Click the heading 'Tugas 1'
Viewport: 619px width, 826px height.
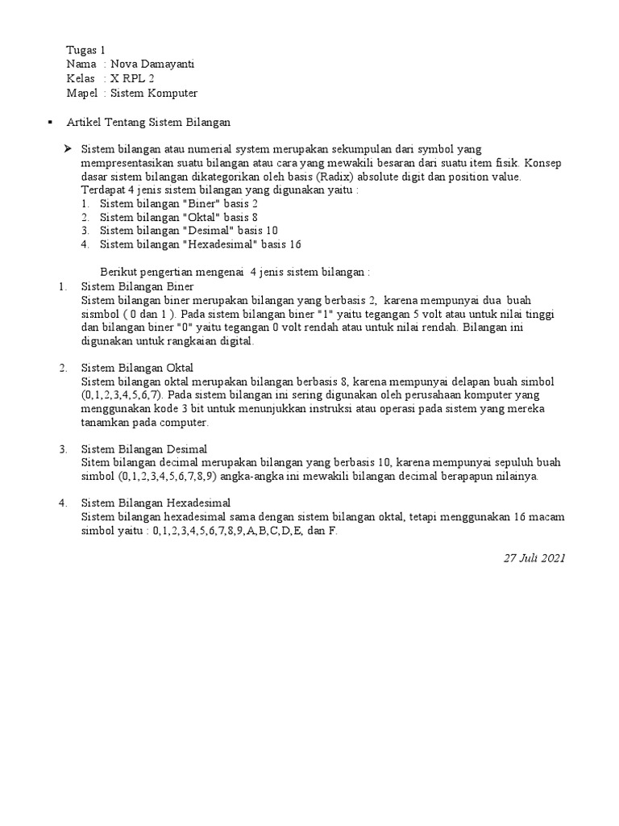point(85,50)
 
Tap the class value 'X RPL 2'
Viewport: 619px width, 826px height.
point(132,79)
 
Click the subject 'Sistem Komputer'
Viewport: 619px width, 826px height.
point(154,94)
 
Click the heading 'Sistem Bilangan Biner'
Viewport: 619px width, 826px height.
point(138,286)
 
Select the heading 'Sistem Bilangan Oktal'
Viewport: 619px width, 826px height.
point(138,369)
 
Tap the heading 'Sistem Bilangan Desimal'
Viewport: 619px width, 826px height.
point(144,449)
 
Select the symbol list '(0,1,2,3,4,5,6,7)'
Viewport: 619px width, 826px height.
point(122,395)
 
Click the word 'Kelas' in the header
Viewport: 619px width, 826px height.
point(81,79)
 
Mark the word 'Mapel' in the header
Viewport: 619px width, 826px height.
point(81,94)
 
